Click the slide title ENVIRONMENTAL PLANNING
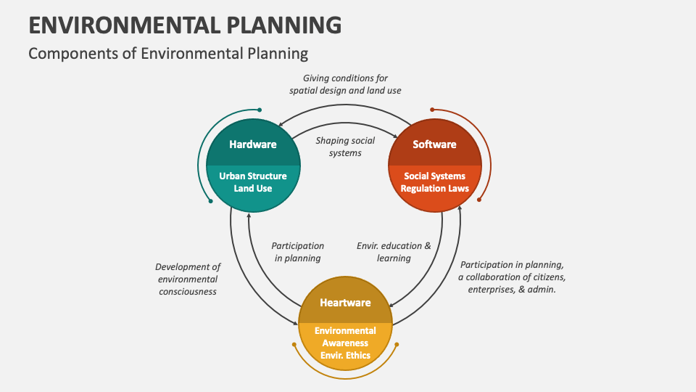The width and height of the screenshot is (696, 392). pos(185,24)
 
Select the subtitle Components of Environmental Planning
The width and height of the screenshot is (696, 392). pos(168,54)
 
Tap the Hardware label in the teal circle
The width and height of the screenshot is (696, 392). pos(253,144)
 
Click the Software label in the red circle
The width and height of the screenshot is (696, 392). pos(434,144)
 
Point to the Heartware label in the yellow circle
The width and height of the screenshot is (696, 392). pos(345,303)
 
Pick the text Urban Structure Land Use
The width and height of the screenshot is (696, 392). pos(253,182)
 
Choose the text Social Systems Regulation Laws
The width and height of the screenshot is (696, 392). pos(434,182)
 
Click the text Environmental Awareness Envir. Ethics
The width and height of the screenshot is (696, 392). pos(345,343)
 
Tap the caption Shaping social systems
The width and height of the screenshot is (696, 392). pos(345,147)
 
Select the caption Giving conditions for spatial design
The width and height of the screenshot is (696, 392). pos(345,84)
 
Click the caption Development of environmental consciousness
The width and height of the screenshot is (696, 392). pos(188,279)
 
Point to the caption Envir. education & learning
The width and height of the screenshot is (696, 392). pos(394,252)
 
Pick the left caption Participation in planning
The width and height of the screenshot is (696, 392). pos(297,252)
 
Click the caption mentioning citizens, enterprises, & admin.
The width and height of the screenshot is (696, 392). pos(512,277)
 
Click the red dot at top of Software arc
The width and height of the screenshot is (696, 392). pos(433,110)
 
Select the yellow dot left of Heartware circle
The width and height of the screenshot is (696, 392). pos(294,344)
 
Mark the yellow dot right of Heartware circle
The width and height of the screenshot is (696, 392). pos(397,344)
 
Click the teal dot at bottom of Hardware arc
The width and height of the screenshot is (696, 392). pos(210,201)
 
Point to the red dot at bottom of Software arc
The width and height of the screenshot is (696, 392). pos(479,201)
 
